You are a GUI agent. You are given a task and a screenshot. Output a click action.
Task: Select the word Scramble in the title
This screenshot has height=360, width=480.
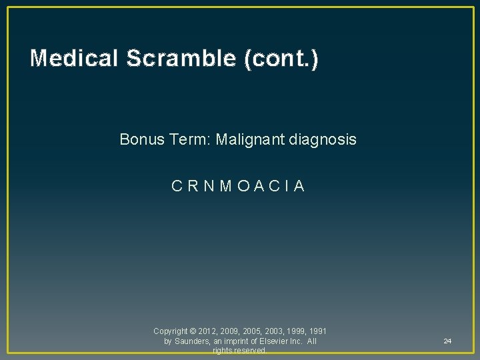pyautogui.click(x=180, y=59)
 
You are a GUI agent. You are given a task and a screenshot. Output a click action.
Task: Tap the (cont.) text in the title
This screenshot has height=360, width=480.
pyautogui.click(x=281, y=59)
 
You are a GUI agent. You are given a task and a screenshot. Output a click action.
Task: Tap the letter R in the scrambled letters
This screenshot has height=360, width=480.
pyautogui.click(x=191, y=186)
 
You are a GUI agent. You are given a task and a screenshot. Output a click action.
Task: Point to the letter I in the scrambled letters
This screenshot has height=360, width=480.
pyautogui.click(x=286, y=186)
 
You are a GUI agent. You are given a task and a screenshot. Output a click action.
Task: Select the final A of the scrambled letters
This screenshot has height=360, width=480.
pyautogui.click(x=299, y=186)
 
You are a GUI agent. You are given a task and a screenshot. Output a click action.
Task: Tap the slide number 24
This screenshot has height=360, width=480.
pyautogui.click(x=447, y=341)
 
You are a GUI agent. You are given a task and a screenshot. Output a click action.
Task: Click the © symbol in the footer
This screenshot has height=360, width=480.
pyautogui.click(x=193, y=331)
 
